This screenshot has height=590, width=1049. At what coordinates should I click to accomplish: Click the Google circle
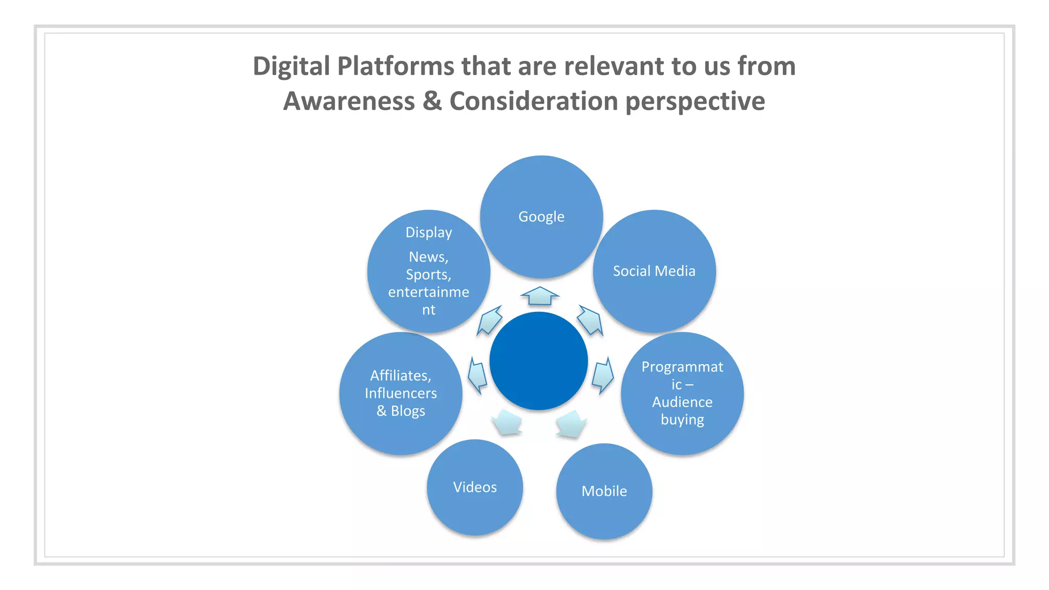tap(541, 217)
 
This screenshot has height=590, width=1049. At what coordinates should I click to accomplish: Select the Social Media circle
tap(654, 271)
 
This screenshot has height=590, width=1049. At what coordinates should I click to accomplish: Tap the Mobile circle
tap(604, 491)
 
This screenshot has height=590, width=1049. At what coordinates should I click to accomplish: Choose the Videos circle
tap(475, 487)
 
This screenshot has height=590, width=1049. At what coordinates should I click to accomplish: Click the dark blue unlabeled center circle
tap(538, 361)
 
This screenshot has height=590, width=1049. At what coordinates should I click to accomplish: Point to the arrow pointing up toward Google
tap(540, 296)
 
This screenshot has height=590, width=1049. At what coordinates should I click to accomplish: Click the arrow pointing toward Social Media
tap(591, 321)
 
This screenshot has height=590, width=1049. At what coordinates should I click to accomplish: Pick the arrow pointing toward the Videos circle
tap(507, 423)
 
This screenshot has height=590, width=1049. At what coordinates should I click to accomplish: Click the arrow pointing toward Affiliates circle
tap(477, 375)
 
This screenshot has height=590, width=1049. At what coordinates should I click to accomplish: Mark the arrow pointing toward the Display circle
tap(490, 321)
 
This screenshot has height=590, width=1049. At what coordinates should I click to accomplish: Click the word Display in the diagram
tap(429, 233)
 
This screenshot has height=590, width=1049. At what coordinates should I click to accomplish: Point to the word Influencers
tap(401, 393)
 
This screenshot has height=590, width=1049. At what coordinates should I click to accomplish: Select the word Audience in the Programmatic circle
tap(682, 402)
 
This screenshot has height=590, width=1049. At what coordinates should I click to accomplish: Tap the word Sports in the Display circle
tap(428, 275)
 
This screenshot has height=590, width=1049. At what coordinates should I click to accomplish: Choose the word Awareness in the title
tap(349, 101)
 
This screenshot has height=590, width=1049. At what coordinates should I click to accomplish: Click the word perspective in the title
tap(695, 101)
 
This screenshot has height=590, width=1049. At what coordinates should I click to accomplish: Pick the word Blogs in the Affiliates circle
tap(408, 411)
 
